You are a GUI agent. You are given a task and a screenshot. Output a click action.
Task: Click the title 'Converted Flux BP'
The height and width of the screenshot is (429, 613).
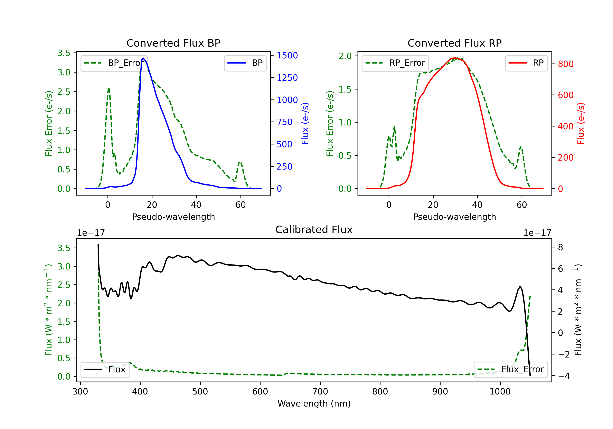tap(173, 43)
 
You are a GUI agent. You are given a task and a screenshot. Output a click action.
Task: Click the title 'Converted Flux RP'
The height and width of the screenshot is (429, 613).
tap(455, 43)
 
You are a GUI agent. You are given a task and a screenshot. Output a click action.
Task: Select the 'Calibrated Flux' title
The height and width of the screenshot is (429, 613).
tap(314, 230)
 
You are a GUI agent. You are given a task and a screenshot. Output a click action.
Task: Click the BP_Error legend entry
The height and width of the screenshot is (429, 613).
tap(114, 63)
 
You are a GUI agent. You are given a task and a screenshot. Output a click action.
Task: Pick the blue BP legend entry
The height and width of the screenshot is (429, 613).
tap(245, 63)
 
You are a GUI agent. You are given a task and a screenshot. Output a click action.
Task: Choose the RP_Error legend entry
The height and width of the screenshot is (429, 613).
tap(395, 63)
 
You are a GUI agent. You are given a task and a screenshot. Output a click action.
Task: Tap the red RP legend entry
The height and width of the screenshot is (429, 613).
tap(526, 63)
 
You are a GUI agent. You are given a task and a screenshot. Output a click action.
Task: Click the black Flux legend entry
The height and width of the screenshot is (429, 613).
tap(105, 370)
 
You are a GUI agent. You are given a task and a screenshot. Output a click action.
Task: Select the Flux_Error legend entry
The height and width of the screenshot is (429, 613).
tap(510, 370)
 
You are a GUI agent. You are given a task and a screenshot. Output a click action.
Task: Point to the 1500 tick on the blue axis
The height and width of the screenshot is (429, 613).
tap(287, 56)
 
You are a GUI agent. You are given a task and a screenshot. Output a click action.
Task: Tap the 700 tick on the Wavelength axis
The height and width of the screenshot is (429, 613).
tap(320, 392)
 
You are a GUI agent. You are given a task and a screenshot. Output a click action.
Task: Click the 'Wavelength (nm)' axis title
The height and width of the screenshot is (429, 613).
tap(314, 404)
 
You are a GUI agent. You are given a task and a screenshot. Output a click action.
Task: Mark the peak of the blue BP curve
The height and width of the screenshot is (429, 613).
tap(143, 58)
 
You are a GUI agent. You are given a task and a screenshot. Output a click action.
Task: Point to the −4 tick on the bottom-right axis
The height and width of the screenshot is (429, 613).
tap(564, 376)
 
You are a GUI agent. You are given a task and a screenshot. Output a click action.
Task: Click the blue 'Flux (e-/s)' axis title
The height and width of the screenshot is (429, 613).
tap(305, 123)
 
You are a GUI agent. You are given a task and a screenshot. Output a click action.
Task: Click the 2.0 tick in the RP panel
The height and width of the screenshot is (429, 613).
tap(345, 56)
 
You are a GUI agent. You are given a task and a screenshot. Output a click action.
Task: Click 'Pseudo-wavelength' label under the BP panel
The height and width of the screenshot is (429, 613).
tap(173, 217)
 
